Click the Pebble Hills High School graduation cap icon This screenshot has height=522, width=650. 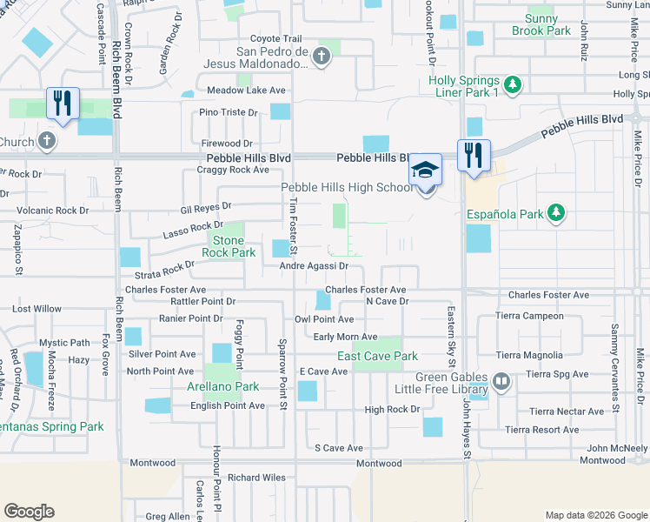click(425, 169)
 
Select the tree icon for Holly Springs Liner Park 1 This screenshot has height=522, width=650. click(514, 84)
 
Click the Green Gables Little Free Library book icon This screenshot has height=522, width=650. click(501, 380)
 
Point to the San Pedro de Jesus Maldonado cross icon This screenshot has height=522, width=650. click(322, 57)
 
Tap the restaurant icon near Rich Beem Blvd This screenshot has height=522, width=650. click(63, 103)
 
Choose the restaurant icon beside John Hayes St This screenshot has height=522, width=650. click(474, 155)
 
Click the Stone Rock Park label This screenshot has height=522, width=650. click(229, 246)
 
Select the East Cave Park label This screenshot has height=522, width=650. click(377, 356)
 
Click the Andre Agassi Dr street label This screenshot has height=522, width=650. click(314, 266)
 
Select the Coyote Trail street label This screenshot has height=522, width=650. click(275, 39)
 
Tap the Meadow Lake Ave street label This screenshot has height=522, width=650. click(246, 90)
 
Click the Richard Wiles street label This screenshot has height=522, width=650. click(256, 478)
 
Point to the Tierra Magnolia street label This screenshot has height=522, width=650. click(529, 355)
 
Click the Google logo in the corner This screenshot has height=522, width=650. click(30, 512)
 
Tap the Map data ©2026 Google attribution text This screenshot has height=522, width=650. click(594, 514)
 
